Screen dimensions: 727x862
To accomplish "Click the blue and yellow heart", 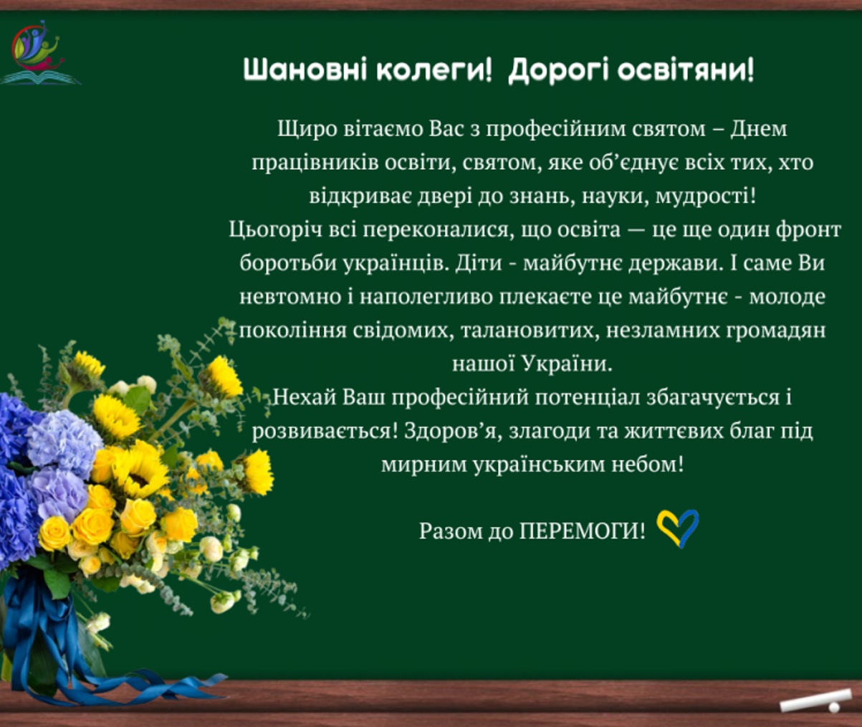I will pos(677,529).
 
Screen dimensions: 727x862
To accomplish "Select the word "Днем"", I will pos(759,129).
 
